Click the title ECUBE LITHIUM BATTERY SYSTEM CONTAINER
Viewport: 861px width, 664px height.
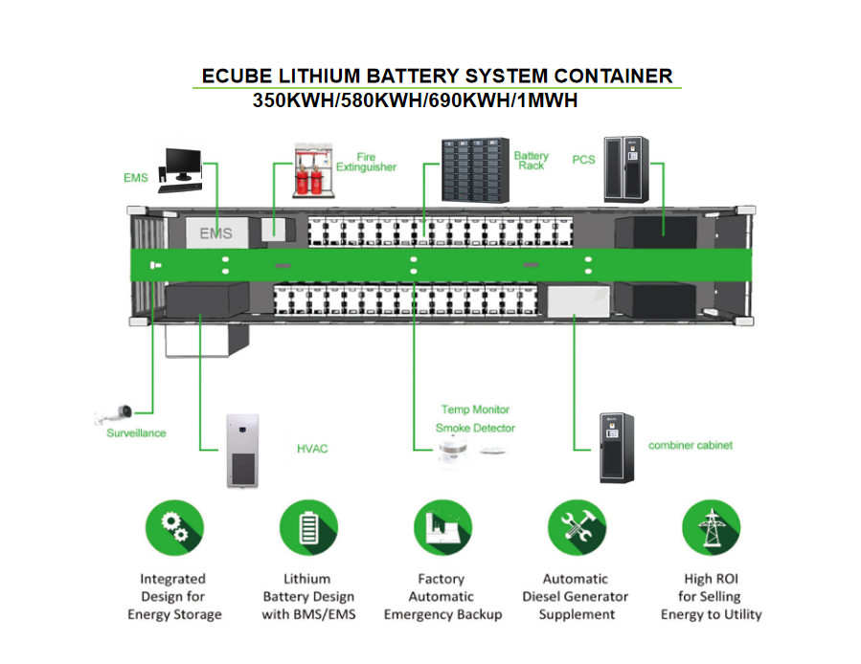tap(437, 77)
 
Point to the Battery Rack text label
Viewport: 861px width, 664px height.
tap(531, 161)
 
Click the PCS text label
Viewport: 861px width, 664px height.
tap(583, 160)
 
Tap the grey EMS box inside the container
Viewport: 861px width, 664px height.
tap(215, 233)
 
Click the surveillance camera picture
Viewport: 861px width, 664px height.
tap(115, 414)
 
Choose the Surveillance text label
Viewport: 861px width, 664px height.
tap(136, 433)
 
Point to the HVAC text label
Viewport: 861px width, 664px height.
tap(312, 449)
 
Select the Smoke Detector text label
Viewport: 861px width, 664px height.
tap(475, 428)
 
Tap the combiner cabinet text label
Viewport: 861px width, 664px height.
tap(691, 446)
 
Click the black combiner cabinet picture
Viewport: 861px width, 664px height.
tap(617, 448)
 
